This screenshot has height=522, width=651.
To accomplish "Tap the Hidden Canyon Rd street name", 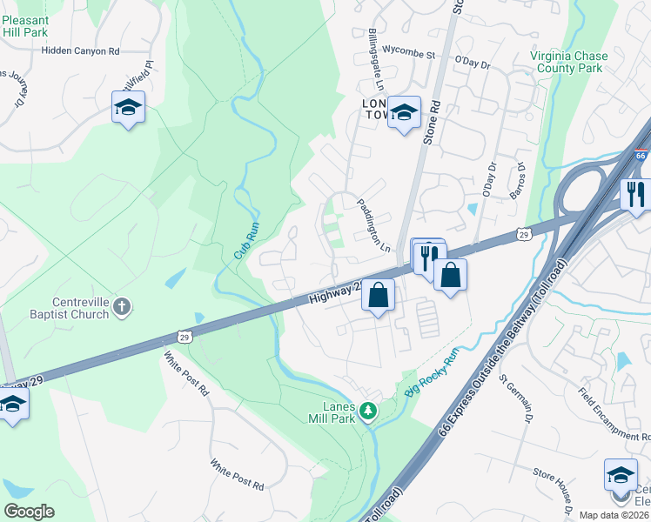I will [80, 51].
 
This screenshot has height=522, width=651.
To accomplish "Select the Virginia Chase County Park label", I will [569, 62].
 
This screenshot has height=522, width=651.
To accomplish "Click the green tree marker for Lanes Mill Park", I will [369, 409].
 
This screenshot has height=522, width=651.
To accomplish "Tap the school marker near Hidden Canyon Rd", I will [128, 108].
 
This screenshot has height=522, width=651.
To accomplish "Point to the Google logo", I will [29, 512].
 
